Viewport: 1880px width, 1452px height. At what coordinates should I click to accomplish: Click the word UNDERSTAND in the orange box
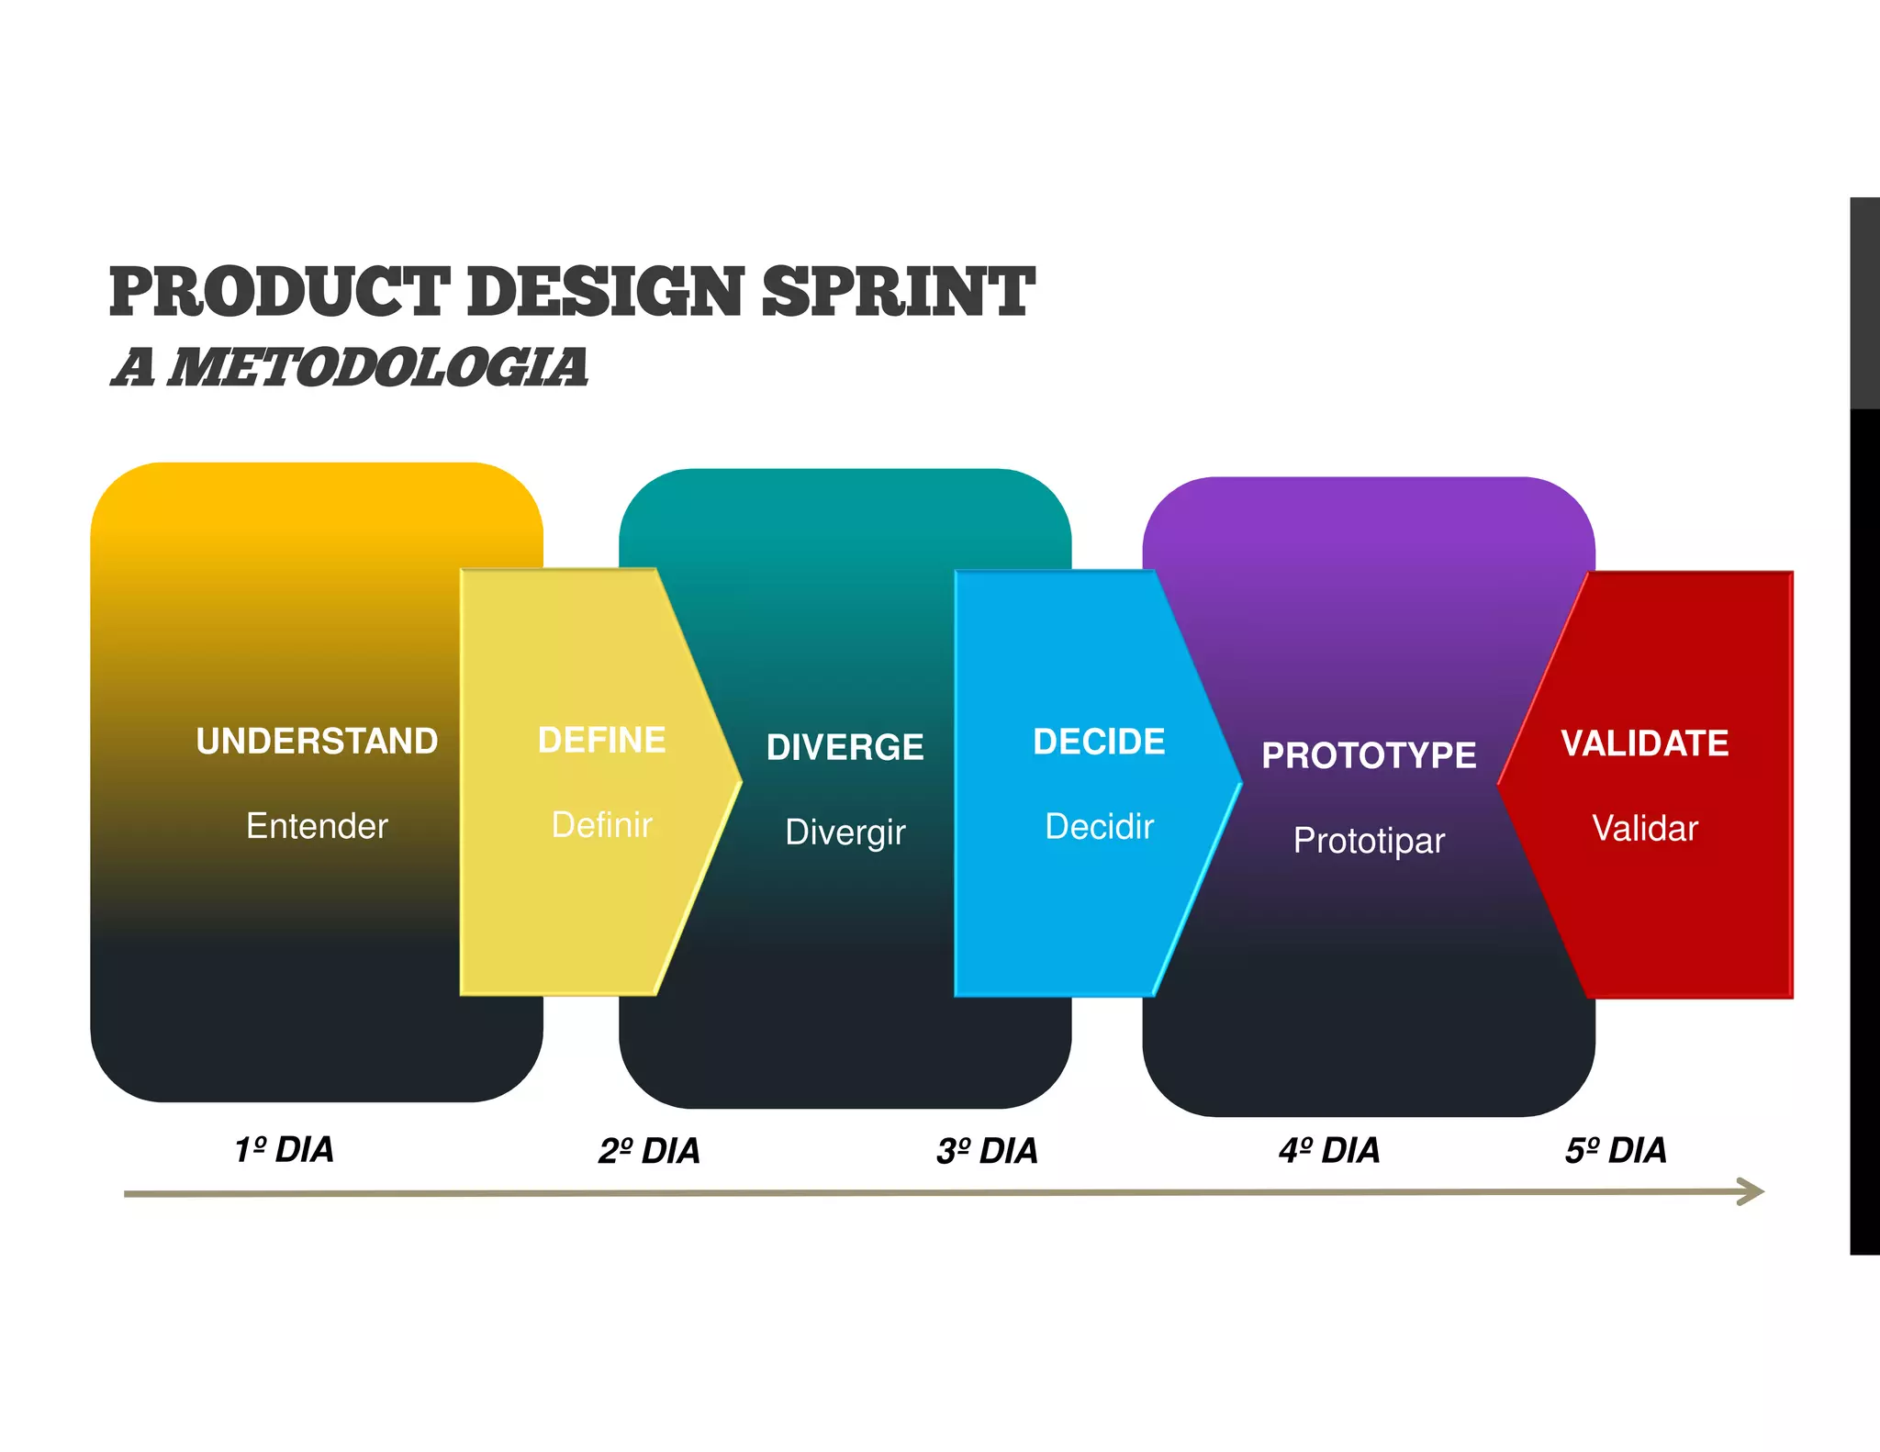pos(317,742)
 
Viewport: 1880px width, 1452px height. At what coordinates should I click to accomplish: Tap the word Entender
pos(317,826)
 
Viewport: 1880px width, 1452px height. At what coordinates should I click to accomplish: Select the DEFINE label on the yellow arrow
pos(601,741)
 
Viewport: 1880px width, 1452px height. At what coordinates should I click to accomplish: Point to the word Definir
pos(601,825)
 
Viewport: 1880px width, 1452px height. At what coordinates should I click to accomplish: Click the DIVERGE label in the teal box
pos(845,747)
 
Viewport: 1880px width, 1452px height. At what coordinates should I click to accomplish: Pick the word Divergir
pos(845,832)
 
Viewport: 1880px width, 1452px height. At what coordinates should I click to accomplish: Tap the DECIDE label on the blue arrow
pos(1099,742)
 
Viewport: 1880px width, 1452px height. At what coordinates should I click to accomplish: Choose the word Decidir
pos(1099,827)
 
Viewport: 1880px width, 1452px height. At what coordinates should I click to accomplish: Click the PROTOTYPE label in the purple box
pos(1369,755)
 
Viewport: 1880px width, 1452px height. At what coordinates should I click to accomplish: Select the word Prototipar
pos(1369,841)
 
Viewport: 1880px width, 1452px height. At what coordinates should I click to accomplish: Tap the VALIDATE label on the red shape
pos(1644,743)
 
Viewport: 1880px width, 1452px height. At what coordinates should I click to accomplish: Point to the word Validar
pos(1644,829)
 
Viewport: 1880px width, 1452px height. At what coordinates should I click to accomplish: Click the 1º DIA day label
pos(284,1150)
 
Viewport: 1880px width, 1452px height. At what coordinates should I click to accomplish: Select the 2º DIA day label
pos(649,1151)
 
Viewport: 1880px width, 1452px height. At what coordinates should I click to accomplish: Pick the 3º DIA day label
pos(987,1151)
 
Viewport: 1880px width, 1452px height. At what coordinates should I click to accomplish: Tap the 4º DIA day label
pos(1329,1150)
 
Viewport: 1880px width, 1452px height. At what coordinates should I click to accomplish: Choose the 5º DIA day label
pos(1616,1150)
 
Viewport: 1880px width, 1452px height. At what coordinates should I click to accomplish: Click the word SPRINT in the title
pos(898,292)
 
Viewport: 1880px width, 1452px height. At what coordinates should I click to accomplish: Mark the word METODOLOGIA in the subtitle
pos(378,367)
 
